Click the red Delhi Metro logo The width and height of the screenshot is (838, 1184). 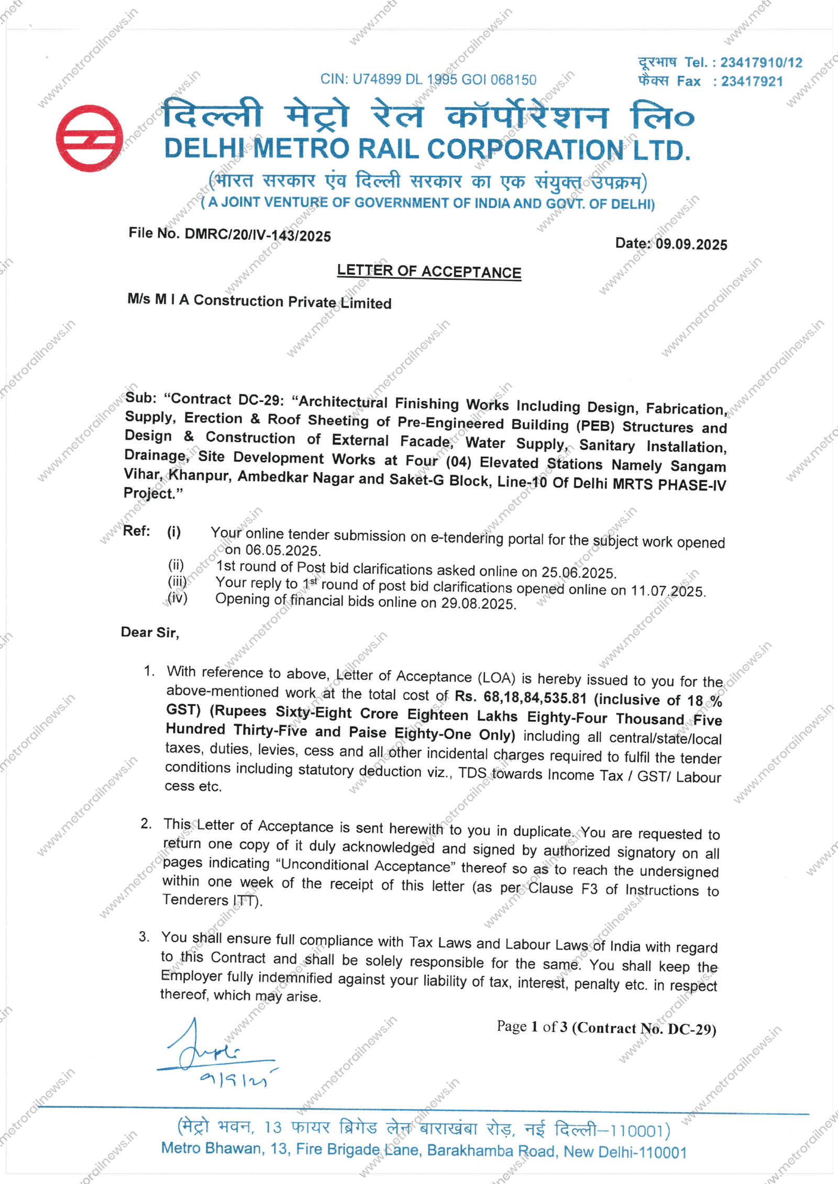89,138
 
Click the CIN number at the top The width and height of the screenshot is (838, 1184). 428,80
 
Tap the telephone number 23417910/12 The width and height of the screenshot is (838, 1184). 761,63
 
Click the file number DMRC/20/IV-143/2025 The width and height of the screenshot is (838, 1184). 258,235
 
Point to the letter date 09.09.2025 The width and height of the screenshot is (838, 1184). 691,244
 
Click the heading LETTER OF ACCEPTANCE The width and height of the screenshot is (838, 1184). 429,272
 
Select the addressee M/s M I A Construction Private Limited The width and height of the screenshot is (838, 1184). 259,301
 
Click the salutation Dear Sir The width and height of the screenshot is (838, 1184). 150,632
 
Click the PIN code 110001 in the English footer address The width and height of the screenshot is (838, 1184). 660,1152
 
